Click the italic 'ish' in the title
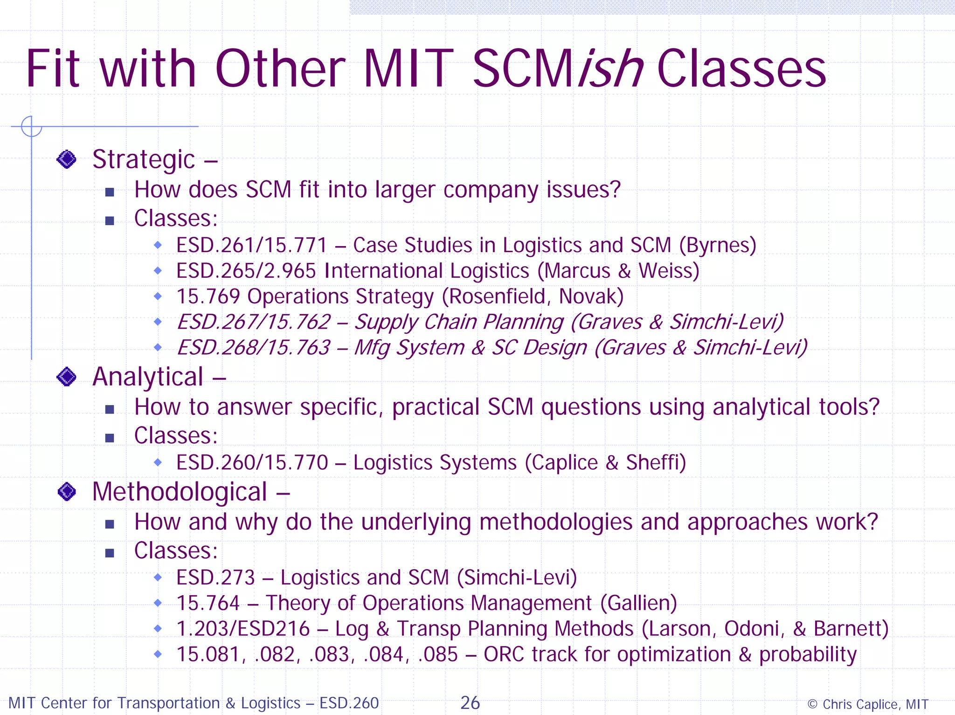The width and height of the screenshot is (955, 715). click(x=611, y=70)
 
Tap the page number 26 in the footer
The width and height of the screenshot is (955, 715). click(x=470, y=703)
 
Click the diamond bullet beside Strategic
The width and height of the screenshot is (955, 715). click(x=66, y=159)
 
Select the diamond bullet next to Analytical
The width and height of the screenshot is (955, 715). click(x=66, y=377)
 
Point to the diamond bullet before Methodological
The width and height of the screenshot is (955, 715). click(x=67, y=492)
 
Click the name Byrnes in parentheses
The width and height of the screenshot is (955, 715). click(x=718, y=246)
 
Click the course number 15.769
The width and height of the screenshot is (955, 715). click(x=208, y=297)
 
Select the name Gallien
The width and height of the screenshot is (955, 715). click(x=639, y=604)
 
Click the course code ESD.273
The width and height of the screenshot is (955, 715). click(x=215, y=578)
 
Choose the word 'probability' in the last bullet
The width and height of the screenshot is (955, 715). click(x=808, y=655)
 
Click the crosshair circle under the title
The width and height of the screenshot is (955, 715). click(x=31, y=126)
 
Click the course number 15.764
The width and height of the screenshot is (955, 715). click(x=208, y=604)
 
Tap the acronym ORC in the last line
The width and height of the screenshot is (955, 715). click(x=504, y=655)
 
